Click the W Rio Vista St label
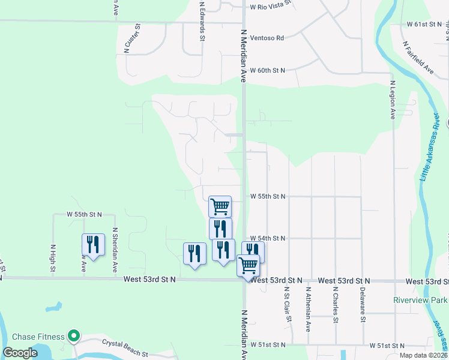coord(270,6)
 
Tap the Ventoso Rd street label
coord(263,38)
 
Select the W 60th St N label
coord(267,70)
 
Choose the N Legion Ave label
coord(392,99)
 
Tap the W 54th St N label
coord(268,238)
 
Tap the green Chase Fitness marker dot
coord(74,336)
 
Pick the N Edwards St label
coord(202,24)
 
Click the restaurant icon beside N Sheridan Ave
coord(92,245)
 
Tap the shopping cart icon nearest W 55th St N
coord(220,206)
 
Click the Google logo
coord(20,353)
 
